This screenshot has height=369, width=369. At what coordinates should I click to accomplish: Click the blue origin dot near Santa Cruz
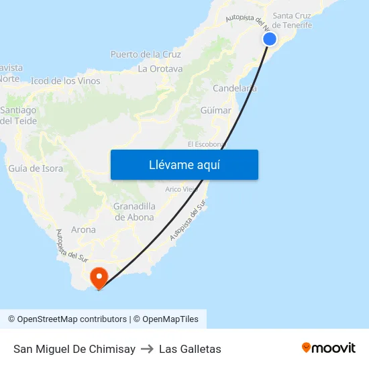(x=270, y=39)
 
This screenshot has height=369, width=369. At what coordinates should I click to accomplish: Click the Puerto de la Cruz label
(x=146, y=54)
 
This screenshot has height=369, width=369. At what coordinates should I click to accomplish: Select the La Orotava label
(x=160, y=68)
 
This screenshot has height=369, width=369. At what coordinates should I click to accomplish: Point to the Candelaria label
(x=234, y=89)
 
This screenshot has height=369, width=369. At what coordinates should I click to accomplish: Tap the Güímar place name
(x=215, y=110)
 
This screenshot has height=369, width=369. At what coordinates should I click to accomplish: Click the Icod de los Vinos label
(x=66, y=81)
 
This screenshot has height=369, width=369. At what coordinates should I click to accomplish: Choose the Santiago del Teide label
(x=19, y=115)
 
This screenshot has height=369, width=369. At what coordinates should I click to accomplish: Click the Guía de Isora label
(x=36, y=168)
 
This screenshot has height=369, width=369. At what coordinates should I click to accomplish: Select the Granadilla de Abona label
(x=134, y=211)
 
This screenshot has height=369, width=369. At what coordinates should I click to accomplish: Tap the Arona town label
(x=83, y=229)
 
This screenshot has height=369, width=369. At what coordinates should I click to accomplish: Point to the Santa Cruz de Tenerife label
(x=292, y=20)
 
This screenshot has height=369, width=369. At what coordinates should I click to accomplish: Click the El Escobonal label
(x=205, y=144)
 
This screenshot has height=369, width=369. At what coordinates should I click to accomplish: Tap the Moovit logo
(x=329, y=348)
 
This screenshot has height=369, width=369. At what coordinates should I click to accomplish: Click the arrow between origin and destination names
(x=147, y=349)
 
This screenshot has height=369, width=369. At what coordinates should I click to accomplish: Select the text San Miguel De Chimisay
(x=74, y=349)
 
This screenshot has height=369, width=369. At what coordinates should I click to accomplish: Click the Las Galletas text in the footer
(x=190, y=349)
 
